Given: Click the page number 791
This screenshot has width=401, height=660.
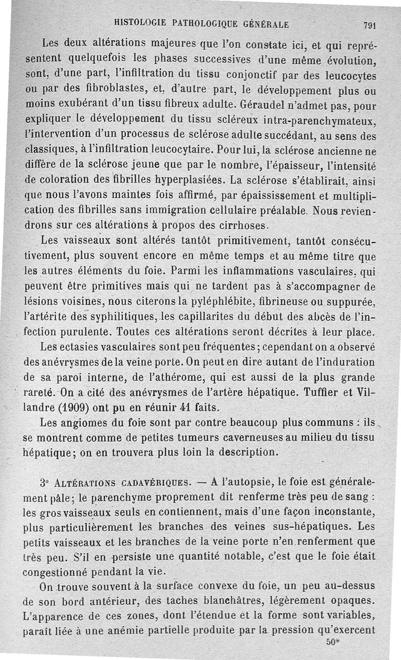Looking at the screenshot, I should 370,26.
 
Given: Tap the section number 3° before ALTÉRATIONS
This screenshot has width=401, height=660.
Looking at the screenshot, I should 44,484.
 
